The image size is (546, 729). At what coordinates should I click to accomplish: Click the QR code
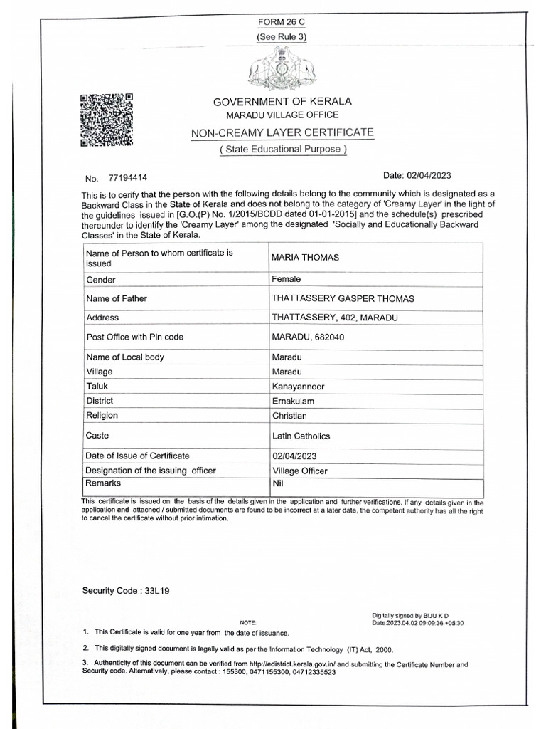click(x=107, y=120)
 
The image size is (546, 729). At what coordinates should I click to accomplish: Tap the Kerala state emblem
click(x=282, y=71)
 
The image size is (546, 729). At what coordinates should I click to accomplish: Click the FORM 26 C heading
click(x=282, y=22)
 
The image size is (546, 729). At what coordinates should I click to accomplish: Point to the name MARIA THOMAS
click(x=305, y=257)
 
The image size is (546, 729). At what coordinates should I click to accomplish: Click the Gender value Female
click(x=287, y=279)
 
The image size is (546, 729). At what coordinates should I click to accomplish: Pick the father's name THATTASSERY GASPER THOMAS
click(x=343, y=298)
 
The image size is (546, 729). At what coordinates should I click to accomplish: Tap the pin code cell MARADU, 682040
click(x=308, y=337)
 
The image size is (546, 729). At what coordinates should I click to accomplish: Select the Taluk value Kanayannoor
click(x=298, y=386)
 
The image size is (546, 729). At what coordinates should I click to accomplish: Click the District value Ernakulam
click(x=294, y=401)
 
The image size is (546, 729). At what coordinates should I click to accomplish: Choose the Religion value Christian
click(x=289, y=415)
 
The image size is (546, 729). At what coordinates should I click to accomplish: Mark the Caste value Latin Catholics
click(x=301, y=436)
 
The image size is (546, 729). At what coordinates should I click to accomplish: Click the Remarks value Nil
click(x=278, y=483)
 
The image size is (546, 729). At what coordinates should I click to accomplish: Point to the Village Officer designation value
click(x=299, y=471)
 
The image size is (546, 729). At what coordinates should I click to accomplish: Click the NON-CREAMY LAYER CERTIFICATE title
click(x=282, y=133)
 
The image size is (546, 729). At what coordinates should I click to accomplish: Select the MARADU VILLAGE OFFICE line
click(x=282, y=115)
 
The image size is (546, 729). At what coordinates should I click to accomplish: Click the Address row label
click(x=102, y=318)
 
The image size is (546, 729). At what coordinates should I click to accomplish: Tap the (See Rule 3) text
click(x=282, y=37)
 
